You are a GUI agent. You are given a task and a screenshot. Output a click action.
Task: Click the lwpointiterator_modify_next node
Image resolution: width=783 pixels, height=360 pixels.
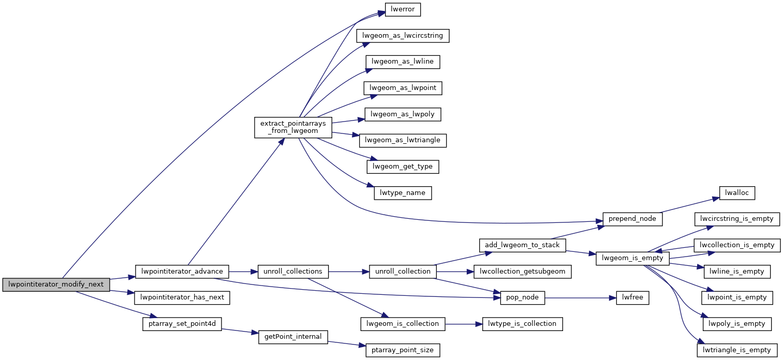point(56,284)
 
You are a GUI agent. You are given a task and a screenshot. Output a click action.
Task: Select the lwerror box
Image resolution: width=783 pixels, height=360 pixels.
point(403,9)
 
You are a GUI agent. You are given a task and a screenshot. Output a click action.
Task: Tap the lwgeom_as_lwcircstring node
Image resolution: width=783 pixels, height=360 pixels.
point(403,36)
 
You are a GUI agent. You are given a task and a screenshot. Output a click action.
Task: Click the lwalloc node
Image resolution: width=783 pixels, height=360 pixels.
point(737,192)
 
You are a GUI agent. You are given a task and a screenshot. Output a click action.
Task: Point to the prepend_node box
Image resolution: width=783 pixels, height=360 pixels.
point(632,219)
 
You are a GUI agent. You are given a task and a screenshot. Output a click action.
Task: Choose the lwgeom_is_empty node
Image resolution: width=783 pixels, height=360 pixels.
point(633,258)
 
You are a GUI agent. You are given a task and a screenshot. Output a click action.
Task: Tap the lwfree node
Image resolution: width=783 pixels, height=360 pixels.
point(632,297)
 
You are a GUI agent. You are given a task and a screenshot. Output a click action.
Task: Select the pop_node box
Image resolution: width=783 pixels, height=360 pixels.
point(523,297)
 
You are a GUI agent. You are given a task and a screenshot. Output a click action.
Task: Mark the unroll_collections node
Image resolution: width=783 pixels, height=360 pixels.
point(293,271)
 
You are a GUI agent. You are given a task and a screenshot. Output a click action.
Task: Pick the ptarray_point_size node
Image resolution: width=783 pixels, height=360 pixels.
point(403,350)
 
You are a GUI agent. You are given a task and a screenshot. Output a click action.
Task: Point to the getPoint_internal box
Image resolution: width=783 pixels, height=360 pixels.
point(293,337)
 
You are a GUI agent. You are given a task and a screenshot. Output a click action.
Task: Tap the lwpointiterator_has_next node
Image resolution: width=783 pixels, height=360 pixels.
point(182,297)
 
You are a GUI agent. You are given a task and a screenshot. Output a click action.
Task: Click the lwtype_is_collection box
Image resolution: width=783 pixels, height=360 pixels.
point(523,324)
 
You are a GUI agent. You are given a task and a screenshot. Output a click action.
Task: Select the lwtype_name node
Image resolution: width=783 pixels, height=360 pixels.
point(403,192)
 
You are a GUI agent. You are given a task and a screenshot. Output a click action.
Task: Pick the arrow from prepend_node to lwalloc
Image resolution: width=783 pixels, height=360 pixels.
point(689,204)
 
